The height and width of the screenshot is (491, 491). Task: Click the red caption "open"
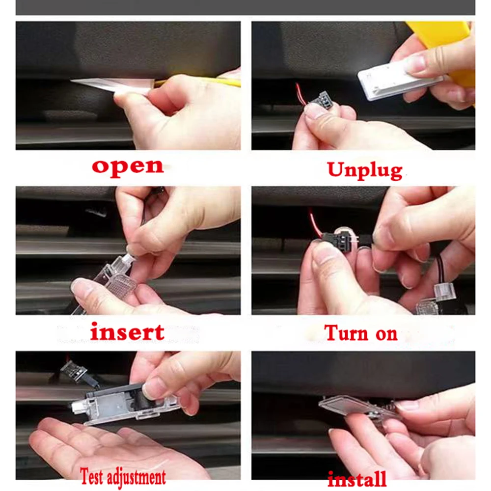(x=127, y=166)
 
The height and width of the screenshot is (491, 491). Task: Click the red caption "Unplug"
(x=364, y=170)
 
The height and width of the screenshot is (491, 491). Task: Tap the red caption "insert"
(x=127, y=332)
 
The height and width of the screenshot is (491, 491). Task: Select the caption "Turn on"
(x=361, y=333)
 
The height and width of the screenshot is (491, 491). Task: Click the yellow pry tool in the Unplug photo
(x=447, y=44)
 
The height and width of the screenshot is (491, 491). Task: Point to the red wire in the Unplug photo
(x=300, y=93)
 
